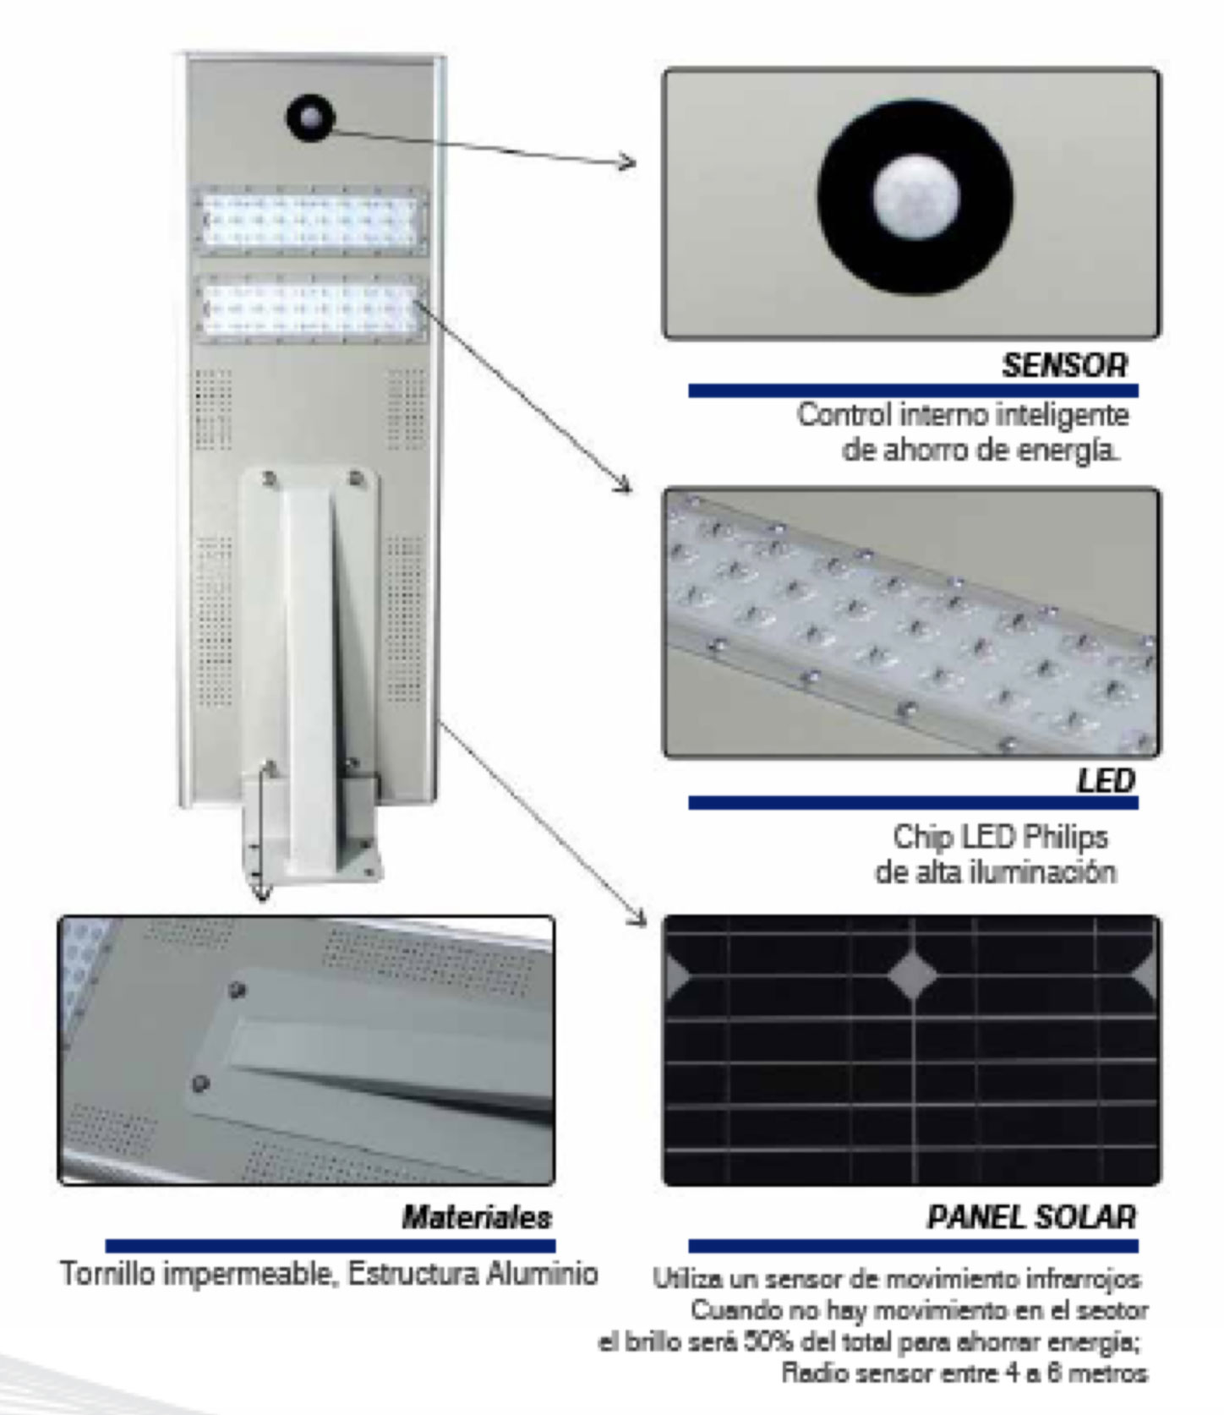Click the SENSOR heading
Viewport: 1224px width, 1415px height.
pyautogui.click(x=1064, y=366)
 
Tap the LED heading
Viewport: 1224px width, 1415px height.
pyautogui.click(x=1106, y=780)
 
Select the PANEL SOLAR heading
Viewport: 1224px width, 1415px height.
pyautogui.click(x=1031, y=1217)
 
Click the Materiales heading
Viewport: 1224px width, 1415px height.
pyautogui.click(x=477, y=1217)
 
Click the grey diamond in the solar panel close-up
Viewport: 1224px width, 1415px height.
pyautogui.click(x=912, y=973)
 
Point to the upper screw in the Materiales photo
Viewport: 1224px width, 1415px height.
pyautogui.click(x=237, y=988)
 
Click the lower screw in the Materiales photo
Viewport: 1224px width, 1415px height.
pyautogui.click(x=200, y=1082)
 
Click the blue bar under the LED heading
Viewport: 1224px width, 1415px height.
pyautogui.click(x=913, y=802)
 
